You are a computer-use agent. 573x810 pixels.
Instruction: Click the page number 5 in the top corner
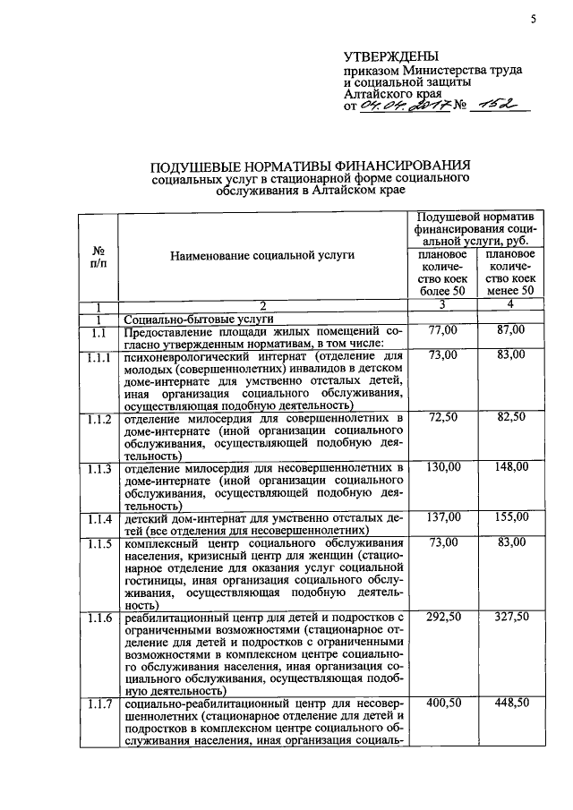tap(533, 18)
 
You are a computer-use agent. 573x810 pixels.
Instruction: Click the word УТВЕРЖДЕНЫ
tap(387, 56)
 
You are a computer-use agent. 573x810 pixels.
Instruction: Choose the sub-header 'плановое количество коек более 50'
tap(442, 272)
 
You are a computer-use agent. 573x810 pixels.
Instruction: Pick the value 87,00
tap(510, 332)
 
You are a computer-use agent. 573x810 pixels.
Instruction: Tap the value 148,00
tap(510, 467)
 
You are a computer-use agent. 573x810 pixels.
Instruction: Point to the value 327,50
tap(510, 617)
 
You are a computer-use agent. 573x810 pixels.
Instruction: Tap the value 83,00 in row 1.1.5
tap(510, 542)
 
